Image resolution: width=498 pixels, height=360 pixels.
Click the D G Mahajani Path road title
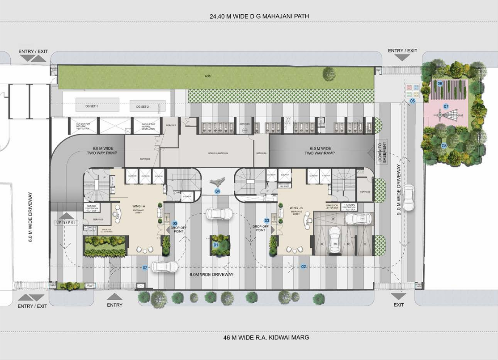[259, 17]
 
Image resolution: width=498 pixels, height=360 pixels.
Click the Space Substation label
[218, 153]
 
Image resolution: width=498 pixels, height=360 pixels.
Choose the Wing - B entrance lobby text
[295, 210]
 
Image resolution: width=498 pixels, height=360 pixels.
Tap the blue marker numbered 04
[218, 191]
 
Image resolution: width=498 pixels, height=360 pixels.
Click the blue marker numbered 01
[215, 245]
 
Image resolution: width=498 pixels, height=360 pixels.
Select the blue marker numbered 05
[413, 102]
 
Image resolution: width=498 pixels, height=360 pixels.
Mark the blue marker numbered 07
[446, 106]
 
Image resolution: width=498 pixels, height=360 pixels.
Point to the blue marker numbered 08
[444, 146]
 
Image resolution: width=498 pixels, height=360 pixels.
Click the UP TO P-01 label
[66, 222]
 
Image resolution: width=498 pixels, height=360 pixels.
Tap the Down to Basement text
[383, 152]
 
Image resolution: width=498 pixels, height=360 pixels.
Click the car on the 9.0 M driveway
[408, 198]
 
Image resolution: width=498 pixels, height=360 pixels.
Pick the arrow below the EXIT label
[398, 296]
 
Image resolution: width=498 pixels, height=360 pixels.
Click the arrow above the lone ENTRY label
[115, 296]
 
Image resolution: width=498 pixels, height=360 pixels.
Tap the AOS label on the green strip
[207, 76]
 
